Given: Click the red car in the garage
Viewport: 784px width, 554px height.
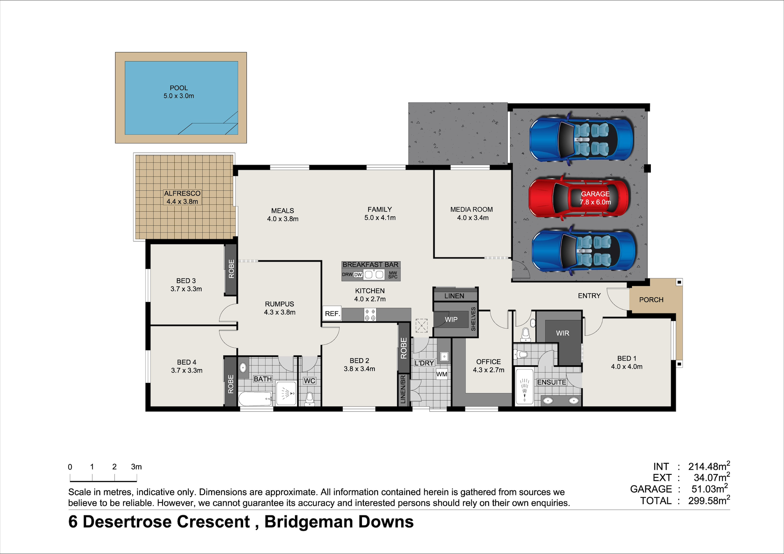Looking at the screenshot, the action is (578, 197).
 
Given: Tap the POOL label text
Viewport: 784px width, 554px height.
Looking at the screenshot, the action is (179, 88).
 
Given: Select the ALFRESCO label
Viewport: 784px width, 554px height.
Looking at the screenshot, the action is (182, 193).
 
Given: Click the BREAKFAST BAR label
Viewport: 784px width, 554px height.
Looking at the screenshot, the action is (371, 265).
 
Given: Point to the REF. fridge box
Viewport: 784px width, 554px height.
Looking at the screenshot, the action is (332, 313).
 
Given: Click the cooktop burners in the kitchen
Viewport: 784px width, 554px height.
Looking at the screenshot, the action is (370, 314).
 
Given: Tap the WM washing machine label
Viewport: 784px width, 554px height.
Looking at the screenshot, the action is (442, 374).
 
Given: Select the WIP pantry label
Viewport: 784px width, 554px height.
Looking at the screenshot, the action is (451, 319).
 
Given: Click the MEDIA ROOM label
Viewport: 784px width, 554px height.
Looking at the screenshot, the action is (472, 209).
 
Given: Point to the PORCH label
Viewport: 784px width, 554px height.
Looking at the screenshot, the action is (651, 300).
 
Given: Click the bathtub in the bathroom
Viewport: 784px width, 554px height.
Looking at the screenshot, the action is (255, 398).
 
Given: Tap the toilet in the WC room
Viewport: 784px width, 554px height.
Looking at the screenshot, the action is (310, 399).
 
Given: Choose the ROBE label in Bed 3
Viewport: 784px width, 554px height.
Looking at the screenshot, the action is (231, 269).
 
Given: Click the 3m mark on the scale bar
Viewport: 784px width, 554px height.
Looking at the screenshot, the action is (136, 467).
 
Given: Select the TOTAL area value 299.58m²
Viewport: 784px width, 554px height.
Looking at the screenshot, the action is (709, 500).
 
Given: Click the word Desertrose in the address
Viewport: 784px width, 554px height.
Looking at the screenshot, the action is (166, 522).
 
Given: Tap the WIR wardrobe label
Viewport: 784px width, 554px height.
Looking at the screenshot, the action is (562, 333).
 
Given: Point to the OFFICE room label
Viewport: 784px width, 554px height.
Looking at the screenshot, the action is (488, 362).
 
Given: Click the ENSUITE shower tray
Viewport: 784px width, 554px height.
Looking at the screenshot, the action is (524, 386).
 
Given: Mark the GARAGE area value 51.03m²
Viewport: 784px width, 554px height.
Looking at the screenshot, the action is (710, 489).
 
